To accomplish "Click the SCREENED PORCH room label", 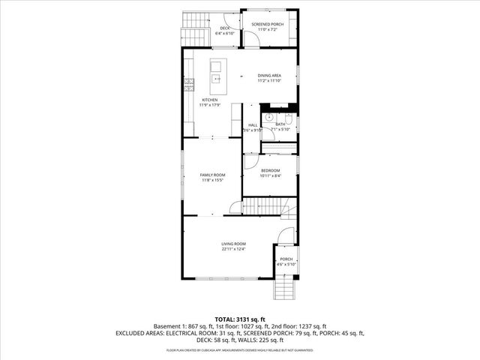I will [268, 24].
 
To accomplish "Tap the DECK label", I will [225, 28].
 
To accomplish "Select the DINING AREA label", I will [269, 76].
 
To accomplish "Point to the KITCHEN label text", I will [209, 100].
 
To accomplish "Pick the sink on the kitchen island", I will [216, 78].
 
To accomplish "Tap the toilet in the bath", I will [288, 118].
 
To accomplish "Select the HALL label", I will [253, 124].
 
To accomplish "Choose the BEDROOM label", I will [270, 170].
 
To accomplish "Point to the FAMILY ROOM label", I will [212, 175].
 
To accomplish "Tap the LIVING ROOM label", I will [233, 244].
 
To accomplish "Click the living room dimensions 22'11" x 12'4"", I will [233, 249].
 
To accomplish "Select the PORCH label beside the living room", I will [286, 259].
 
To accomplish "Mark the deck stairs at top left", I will [194, 30].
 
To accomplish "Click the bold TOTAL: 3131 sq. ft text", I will [240, 319].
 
